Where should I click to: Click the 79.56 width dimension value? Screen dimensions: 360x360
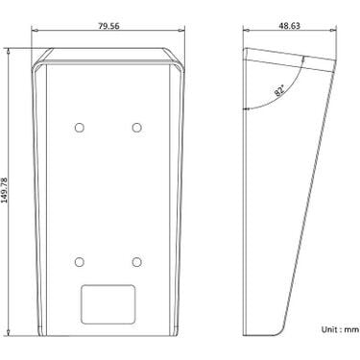pyautogui.click(x=108, y=26)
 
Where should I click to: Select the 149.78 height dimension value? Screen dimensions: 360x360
pyautogui.click(x=5, y=190)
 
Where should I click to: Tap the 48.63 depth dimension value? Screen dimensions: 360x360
pyautogui.click(x=289, y=26)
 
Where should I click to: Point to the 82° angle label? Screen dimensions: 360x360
pyautogui.click(x=279, y=90)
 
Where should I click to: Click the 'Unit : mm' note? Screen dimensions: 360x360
pyautogui.click(x=340, y=329)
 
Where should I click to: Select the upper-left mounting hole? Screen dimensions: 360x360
pyautogui.click(x=79, y=128)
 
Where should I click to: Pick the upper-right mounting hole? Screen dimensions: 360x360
pyautogui.click(x=137, y=128)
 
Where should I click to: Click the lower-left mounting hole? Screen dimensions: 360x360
pyautogui.click(x=79, y=262)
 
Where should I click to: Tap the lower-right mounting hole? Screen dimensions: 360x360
pyautogui.click(x=137, y=262)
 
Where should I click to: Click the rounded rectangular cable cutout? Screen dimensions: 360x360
pyautogui.click(x=108, y=304)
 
